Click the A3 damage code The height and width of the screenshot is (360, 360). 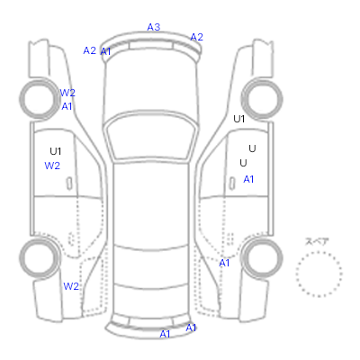(x=154, y=27)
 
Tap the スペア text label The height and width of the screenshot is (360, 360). (x=317, y=241)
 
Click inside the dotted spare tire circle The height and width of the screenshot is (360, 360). (x=319, y=274)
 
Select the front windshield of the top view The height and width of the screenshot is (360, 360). (x=151, y=136)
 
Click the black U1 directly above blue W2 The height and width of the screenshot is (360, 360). (x=56, y=151)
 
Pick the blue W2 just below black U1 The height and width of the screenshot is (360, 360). (x=52, y=166)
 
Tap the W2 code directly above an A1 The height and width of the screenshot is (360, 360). (x=67, y=93)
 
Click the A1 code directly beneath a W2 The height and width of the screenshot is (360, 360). (x=67, y=106)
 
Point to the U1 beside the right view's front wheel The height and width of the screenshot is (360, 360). (x=239, y=119)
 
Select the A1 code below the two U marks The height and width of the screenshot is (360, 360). (x=248, y=179)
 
